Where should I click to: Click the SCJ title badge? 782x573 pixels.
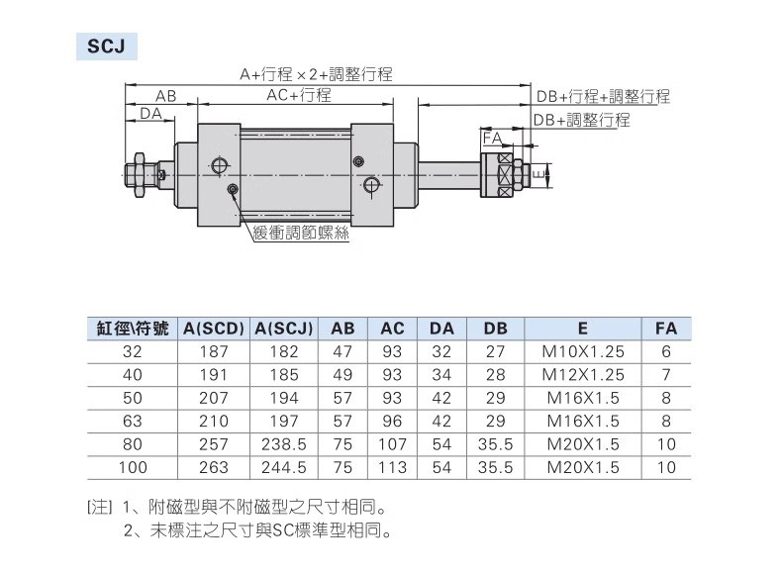point(104,47)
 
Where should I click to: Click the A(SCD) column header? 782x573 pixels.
point(214,329)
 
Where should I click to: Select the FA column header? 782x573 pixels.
point(666,329)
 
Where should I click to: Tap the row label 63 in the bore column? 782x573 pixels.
point(132,422)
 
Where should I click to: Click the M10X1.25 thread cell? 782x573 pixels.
point(583,351)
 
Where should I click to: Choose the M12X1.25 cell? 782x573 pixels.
point(583,375)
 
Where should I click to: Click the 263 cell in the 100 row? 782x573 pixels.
point(214,467)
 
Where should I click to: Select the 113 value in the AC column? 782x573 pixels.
point(392,467)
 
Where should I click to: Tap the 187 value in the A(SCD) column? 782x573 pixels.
point(214,351)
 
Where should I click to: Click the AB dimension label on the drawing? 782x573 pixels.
point(165,97)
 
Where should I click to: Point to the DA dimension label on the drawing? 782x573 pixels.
point(150,115)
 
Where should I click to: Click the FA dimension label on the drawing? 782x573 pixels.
point(492,140)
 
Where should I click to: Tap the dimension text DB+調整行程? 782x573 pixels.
point(581,120)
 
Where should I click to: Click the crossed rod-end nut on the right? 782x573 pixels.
point(508,174)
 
